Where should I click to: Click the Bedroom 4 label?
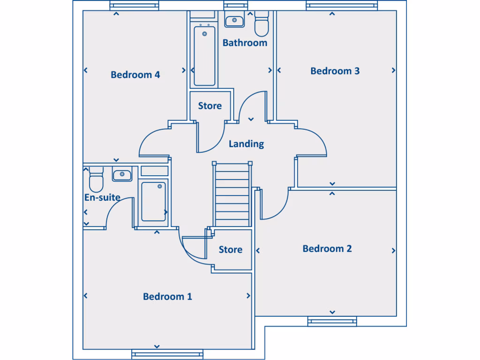(x=135, y=75)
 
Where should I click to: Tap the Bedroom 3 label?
(x=335, y=71)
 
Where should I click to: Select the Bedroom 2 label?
(x=327, y=248)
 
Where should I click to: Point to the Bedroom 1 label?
(x=167, y=296)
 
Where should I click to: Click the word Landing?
(x=246, y=144)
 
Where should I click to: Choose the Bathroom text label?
(x=245, y=43)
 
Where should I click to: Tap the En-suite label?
(x=102, y=197)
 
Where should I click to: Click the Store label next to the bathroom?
(x=210, y=106)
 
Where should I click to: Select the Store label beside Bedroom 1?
(x=231, y=249)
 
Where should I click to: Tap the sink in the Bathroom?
(x=233, y=21)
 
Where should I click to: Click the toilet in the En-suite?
(x=96, y=180)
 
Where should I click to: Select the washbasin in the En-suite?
(x=122, y=175)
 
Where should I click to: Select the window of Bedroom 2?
(x=332, y=321)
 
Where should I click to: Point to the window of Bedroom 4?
(x=135, y=5)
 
